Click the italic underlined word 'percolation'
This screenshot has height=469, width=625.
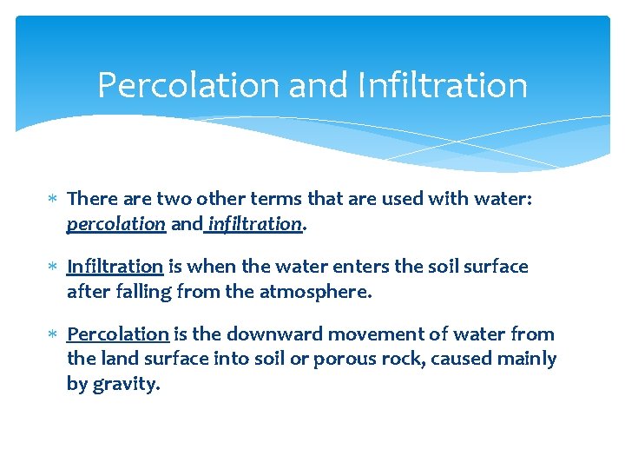115,224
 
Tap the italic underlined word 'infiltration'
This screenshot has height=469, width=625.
255,224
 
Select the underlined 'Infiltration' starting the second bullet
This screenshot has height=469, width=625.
115,267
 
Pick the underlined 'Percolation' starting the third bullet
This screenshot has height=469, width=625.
117,334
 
